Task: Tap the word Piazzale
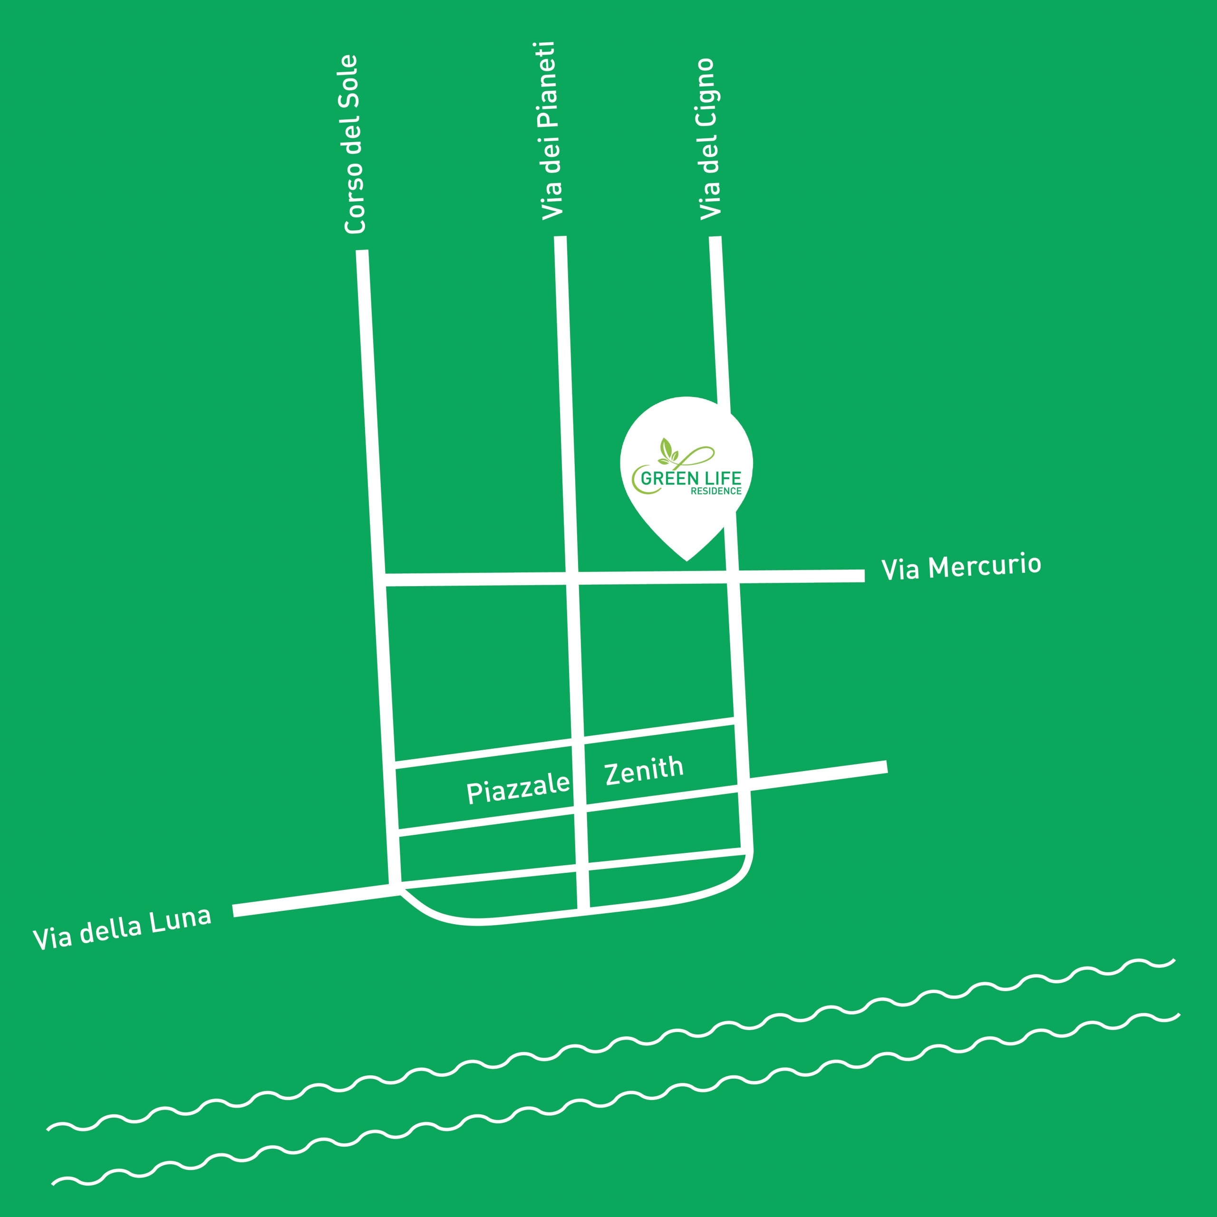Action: point(518,788)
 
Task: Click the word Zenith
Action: point(644,771)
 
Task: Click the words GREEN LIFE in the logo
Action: point(691,478)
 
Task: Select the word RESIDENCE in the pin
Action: point(716,492)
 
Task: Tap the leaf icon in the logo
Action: point(668,449)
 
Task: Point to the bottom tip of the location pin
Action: point(686,560)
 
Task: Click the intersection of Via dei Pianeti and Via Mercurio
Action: point(572,578)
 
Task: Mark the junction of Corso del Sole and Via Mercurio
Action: point(379,580)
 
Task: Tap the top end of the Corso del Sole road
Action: point(362,251)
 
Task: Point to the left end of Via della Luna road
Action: point(234,911)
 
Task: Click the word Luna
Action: point(180,920)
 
